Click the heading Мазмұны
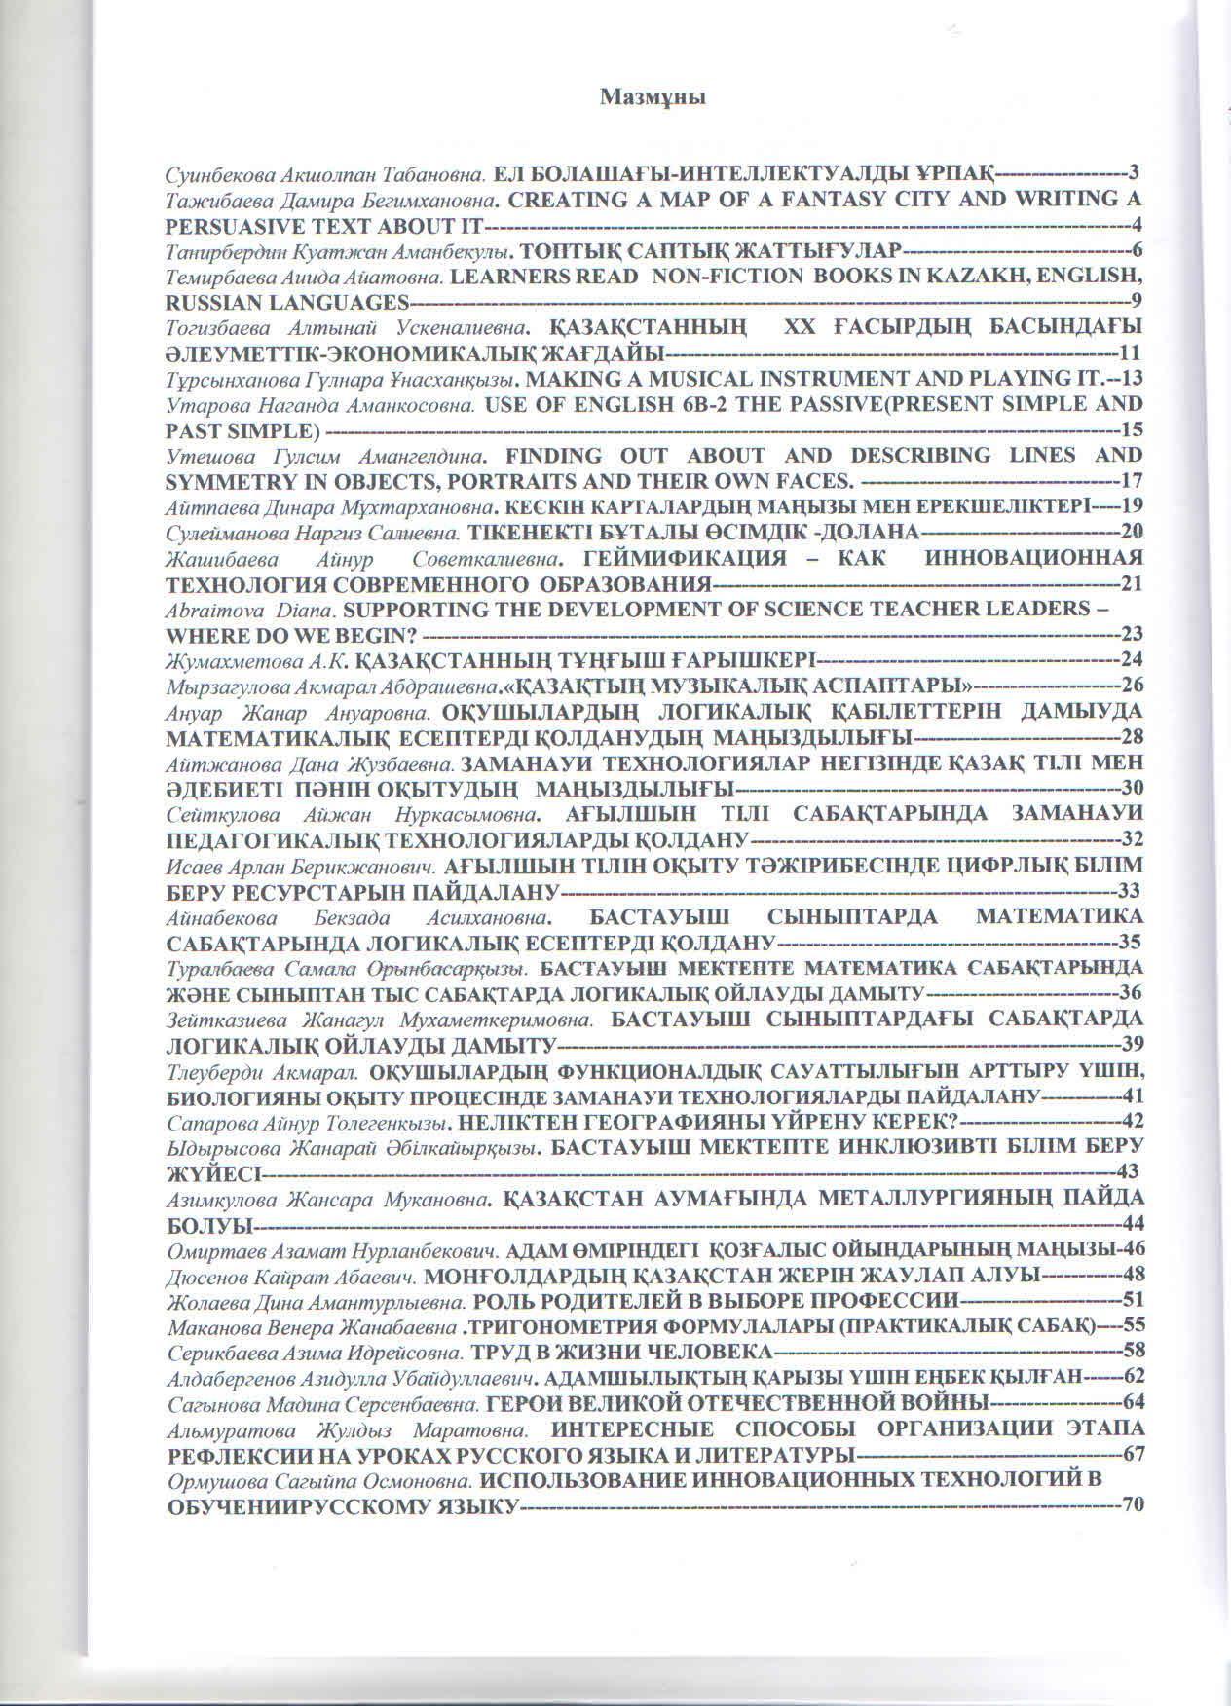click(x=652, y=97)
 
